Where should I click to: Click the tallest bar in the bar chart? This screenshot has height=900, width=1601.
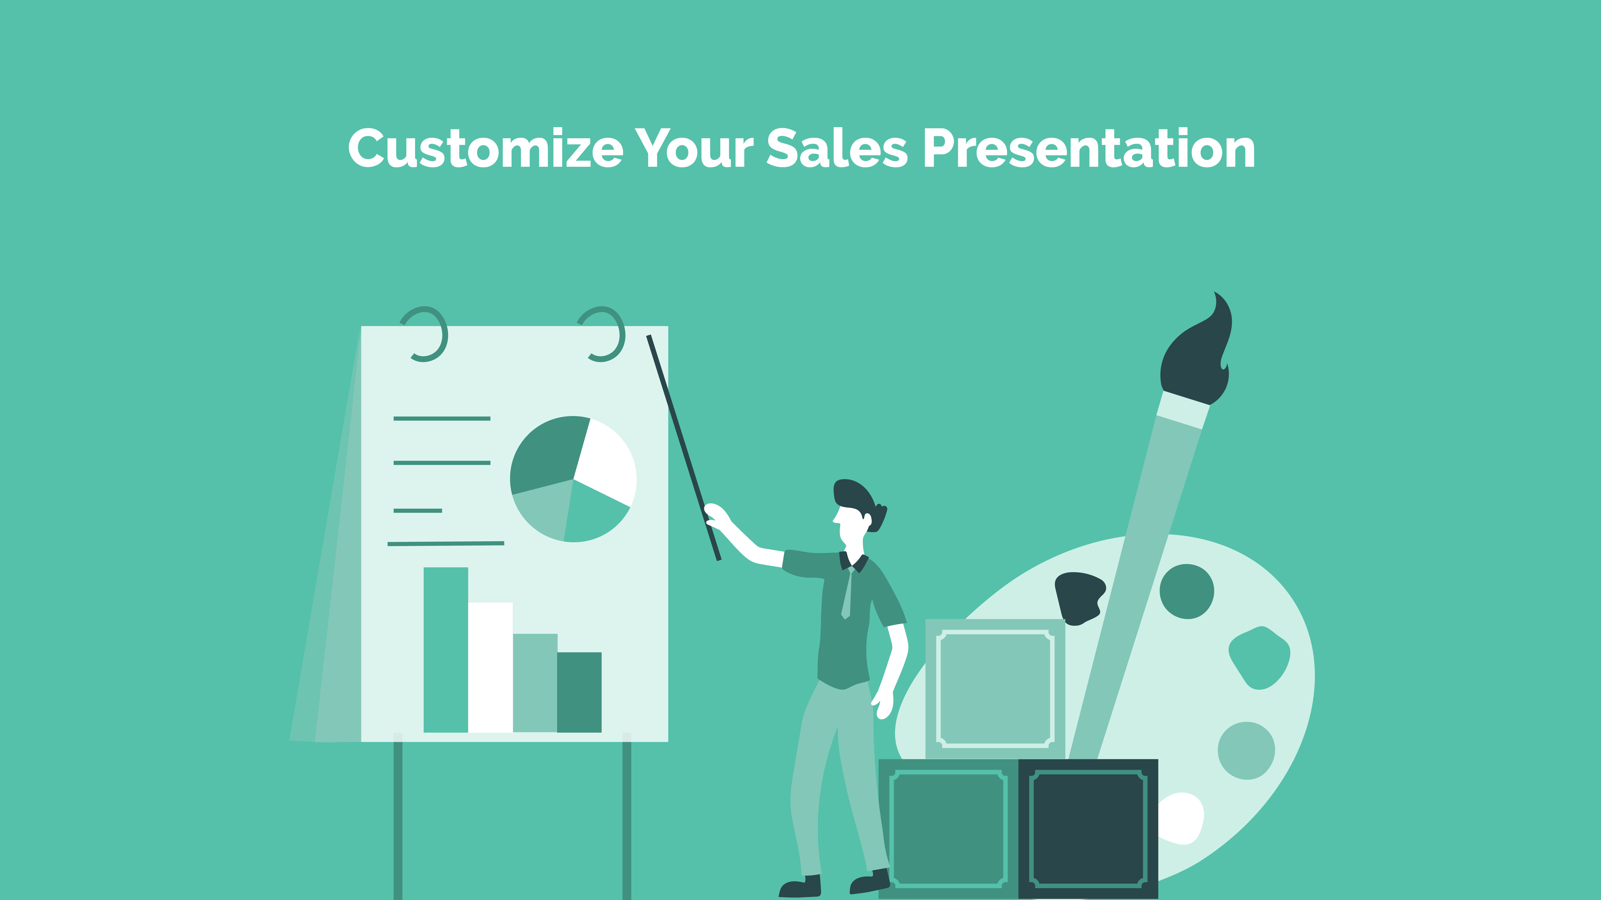[x=446, y=650]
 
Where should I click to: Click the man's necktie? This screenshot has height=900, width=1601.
[x=846, y=593]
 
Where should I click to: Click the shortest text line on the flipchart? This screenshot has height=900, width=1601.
[x=418, y=510]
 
